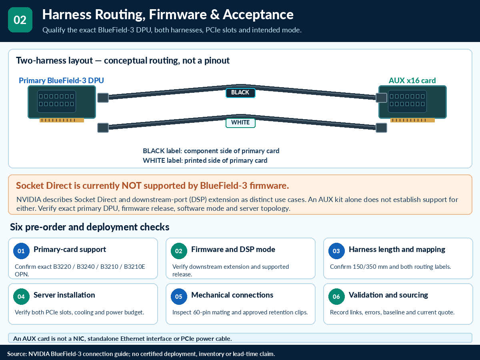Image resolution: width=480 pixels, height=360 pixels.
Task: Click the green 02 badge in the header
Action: click(x=20, y=20)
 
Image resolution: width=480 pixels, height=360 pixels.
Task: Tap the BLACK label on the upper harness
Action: click(x=240, y=93)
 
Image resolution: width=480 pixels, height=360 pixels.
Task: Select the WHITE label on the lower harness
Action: click(x=240, y=123)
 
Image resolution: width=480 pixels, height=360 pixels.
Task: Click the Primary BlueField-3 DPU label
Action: click(x=61, y=80)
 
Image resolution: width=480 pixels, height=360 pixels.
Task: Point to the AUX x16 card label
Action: click(x=412, y=80)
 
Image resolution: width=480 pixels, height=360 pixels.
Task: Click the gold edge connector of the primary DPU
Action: click(x=62, y=120)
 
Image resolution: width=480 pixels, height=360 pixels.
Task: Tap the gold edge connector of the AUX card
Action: click(x=412, y=120)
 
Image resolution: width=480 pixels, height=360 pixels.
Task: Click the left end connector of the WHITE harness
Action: click(x=103, y=128)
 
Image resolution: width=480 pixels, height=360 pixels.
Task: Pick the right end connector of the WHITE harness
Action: click(x=381, y=128)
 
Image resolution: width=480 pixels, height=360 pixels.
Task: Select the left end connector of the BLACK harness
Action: click(x=103, y=98)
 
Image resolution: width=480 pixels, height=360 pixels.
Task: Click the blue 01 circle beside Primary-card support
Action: click(x=21, y=251)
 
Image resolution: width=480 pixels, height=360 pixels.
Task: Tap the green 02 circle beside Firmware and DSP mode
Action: click(x=179, y=251)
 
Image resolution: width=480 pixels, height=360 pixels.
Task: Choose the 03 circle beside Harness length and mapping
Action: click(x=336, y=251)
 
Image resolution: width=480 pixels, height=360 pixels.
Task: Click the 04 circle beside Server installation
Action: click(x=21, y=297)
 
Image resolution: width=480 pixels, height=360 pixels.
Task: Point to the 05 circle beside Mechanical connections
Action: click(x=179, y=297)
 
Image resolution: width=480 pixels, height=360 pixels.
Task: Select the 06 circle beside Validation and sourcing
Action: click(x=336, y=297)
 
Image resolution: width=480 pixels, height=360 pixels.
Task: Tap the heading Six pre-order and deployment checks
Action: click(x=90, y=227)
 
